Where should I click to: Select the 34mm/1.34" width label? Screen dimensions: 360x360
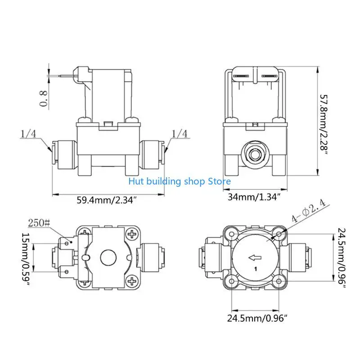tap(254, 197)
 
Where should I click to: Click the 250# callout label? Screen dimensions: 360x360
tap(38, 222)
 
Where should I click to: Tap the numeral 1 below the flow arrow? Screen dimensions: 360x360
tap(255, 270)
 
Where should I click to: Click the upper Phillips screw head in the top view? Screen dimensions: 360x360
tap(132, 234)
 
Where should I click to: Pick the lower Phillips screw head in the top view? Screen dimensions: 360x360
tap(132, 282)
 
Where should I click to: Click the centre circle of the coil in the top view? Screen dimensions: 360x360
tap(108, 258)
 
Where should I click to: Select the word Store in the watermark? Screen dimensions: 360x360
tap(219, 181)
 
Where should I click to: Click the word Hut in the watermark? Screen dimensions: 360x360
tap(135, 181)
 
